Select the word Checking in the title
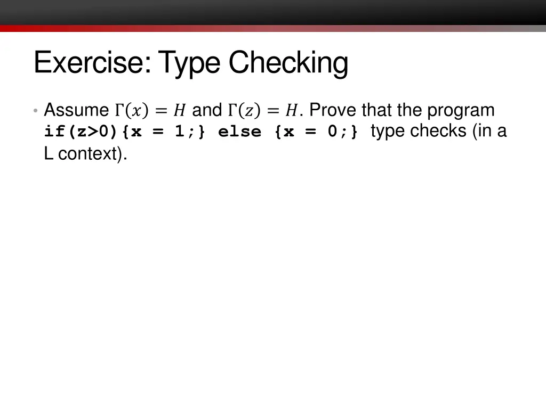coord(288,62)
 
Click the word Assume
coord(76,110)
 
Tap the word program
coord(461,110)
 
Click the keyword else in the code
coord(239,132)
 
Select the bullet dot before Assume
coord(35,111)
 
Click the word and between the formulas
coord(206,110)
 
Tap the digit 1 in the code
coord(180,132)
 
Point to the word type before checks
coord(388,131)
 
